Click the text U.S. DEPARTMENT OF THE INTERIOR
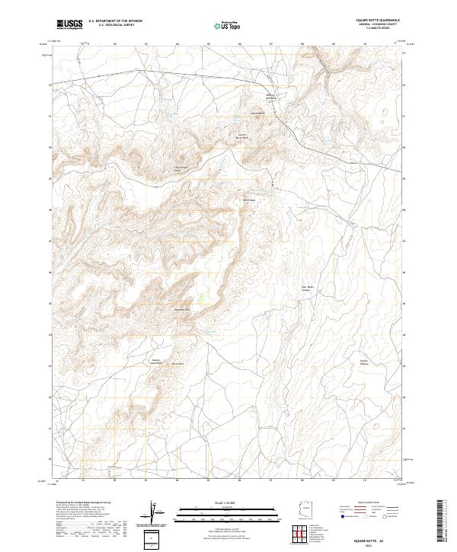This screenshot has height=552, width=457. pyautogui.click(x=116, y=21)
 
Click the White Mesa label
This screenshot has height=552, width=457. pyautogui.click(x=248, y=200)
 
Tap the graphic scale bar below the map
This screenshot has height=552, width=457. pyautogui.click(x=206, y=513)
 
